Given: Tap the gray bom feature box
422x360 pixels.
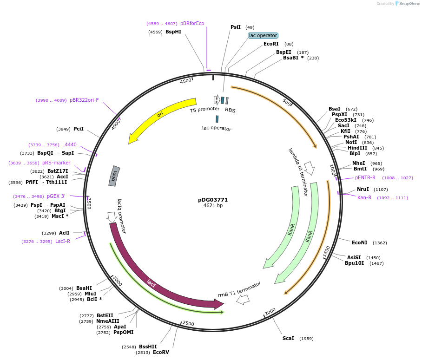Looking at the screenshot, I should [x=114, y=176].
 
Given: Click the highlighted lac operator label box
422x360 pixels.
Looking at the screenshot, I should [x=263, y=35].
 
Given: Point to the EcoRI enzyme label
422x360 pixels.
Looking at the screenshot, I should [x=271, y=44].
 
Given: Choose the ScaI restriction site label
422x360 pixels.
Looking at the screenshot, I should [x=288, y=338].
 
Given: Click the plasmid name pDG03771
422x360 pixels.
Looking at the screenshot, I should [x=213, y=200].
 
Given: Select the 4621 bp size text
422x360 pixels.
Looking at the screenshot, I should [x=213, y=206].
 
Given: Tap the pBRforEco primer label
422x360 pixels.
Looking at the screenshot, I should [x=192, y=23].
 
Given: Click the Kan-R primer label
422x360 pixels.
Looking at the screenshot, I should [x=364, y=197].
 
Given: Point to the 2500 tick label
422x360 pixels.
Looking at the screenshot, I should [x=188, y=323].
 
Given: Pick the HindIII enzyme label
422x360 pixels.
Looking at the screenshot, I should [x=357, y=148].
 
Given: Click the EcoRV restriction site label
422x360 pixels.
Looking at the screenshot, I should [x=161, y=353].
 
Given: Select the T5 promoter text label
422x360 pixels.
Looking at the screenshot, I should [x=204, y=110].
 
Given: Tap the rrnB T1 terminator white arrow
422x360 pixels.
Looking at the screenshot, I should [x=243, y=300].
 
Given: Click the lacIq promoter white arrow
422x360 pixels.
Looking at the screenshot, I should [x=112, y=216].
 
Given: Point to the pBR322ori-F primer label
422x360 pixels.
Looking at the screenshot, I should [x=84, y=100].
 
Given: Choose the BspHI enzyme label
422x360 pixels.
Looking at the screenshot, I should [x=173, y=32].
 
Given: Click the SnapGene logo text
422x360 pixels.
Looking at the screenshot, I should [x=410, y=4].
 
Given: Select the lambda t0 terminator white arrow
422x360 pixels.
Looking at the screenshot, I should [x=310, y=168].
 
